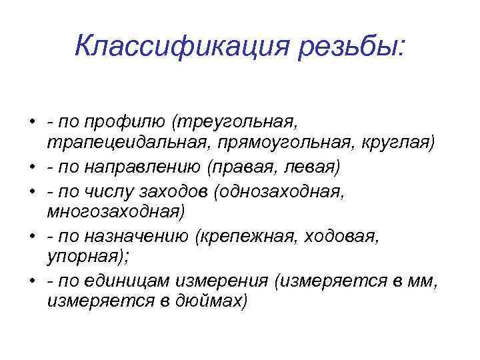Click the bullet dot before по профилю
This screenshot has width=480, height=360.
point(31,123)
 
